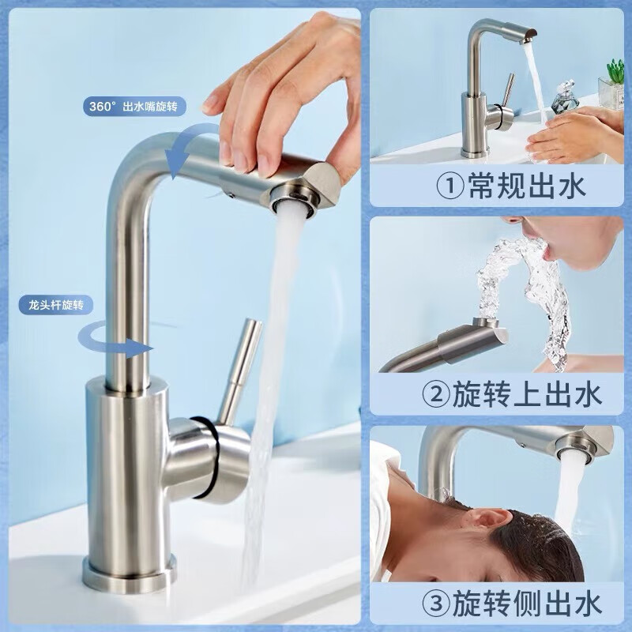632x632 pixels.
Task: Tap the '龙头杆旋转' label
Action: (56, 305)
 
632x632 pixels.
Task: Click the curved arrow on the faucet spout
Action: (186, 147)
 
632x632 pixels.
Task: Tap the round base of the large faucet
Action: (130, 573)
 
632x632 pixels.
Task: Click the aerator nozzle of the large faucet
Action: (293, 199)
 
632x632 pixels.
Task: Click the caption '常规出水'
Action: (526, 186)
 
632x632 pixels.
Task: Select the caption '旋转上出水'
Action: (527, 394)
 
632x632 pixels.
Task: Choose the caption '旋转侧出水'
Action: (527, 604)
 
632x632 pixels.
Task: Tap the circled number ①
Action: (450, 186)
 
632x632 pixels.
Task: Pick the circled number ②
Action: (436, 395)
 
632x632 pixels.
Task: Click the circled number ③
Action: (436, 604)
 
